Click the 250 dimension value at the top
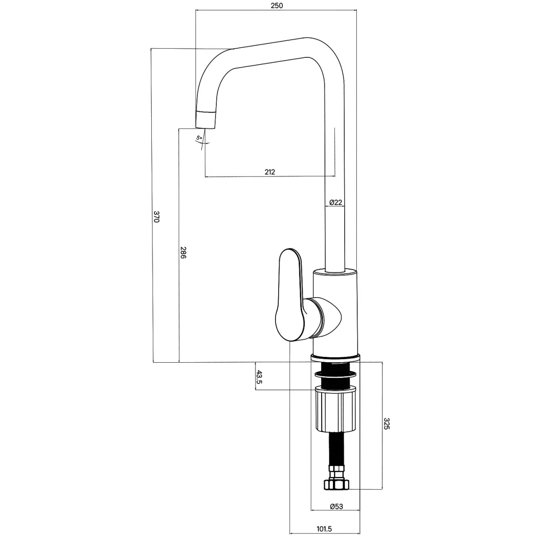pos(277,5)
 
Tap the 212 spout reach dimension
pos(270,172)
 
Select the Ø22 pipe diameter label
pos(336,202)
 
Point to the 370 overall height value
pos(157,217)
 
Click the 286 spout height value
pos(183,253)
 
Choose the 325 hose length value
pos(387,431)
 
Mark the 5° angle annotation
pos(199,138)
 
